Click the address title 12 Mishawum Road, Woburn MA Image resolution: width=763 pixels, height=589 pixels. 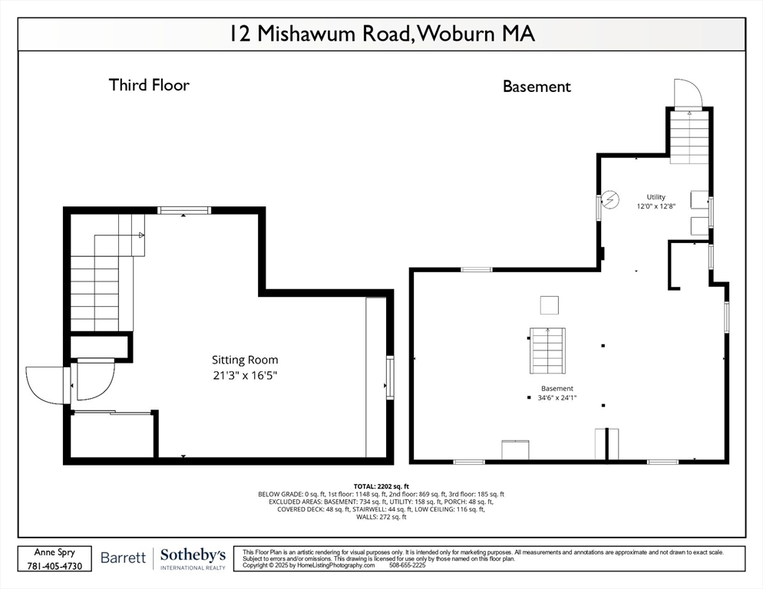381,35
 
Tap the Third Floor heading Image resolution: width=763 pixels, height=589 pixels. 149,85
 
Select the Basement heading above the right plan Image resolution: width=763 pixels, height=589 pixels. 537,87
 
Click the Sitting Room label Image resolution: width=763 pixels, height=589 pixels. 245,360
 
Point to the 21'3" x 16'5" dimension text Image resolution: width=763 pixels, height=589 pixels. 245,375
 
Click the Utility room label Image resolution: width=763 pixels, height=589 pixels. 656,197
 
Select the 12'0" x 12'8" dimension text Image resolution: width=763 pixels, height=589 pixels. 656,206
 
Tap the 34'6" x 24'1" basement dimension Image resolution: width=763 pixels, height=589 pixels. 557,397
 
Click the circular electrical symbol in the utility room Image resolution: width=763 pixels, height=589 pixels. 609,200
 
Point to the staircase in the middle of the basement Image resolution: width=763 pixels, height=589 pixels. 548,350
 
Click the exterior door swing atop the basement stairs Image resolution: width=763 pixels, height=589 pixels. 688,94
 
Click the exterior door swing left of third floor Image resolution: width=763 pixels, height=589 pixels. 48,384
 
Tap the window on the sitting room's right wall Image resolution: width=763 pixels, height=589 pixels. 390,377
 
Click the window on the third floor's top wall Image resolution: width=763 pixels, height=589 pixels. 184,210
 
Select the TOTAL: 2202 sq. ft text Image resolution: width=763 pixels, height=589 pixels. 381,486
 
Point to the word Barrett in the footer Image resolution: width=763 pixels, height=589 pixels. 123,558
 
